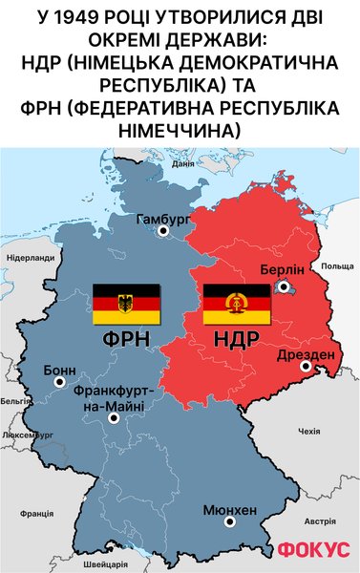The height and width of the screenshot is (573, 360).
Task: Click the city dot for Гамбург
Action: pyautogui.click(x=163, y=230)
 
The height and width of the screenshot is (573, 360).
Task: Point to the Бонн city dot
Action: pyautogui.click(x=59, y=382)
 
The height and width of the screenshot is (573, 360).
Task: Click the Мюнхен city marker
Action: pyautogui.click(x=228, y=522)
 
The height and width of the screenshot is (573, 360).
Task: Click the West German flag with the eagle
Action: pyautogui.click(x=125, y=304)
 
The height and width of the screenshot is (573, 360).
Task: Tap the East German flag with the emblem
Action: pyautogui.click(x=237, y=304)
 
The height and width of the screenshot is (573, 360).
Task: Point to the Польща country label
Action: pyautogui.click(x=337, y=265)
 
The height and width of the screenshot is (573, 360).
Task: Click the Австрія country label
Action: pyautogui.click(x=319, y=521)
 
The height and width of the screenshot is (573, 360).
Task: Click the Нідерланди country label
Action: pyautogui.click(x=30, y=258)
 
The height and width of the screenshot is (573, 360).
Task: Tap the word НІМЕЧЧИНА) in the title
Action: pyautogui.click(x=180, y=127)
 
